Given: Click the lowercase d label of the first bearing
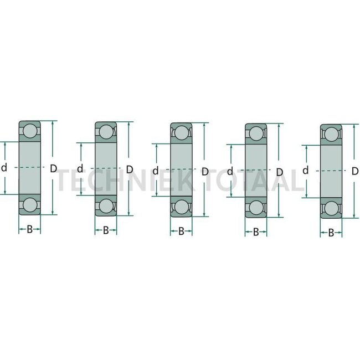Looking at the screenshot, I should (x=5, y=168).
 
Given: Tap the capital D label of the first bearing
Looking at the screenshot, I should (x=54, y=168).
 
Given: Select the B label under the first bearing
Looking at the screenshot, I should (x=30, y=229).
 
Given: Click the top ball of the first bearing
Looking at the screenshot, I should (x=30, y=131).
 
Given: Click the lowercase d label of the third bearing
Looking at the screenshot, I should (x=156, y=171).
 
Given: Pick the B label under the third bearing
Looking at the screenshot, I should (x=181, y=232).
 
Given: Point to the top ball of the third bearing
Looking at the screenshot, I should (x=181, y=133).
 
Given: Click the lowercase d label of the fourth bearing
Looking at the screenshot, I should (x=230, y=171).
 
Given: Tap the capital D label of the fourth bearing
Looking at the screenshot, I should (x=280, y=172).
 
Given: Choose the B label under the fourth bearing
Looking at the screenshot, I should (x=256, y=232).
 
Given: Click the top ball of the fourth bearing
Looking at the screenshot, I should (x=256, y=135).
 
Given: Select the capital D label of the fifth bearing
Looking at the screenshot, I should (x=355, y=172).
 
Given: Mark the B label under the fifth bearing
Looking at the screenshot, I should (x=331, y=233).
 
